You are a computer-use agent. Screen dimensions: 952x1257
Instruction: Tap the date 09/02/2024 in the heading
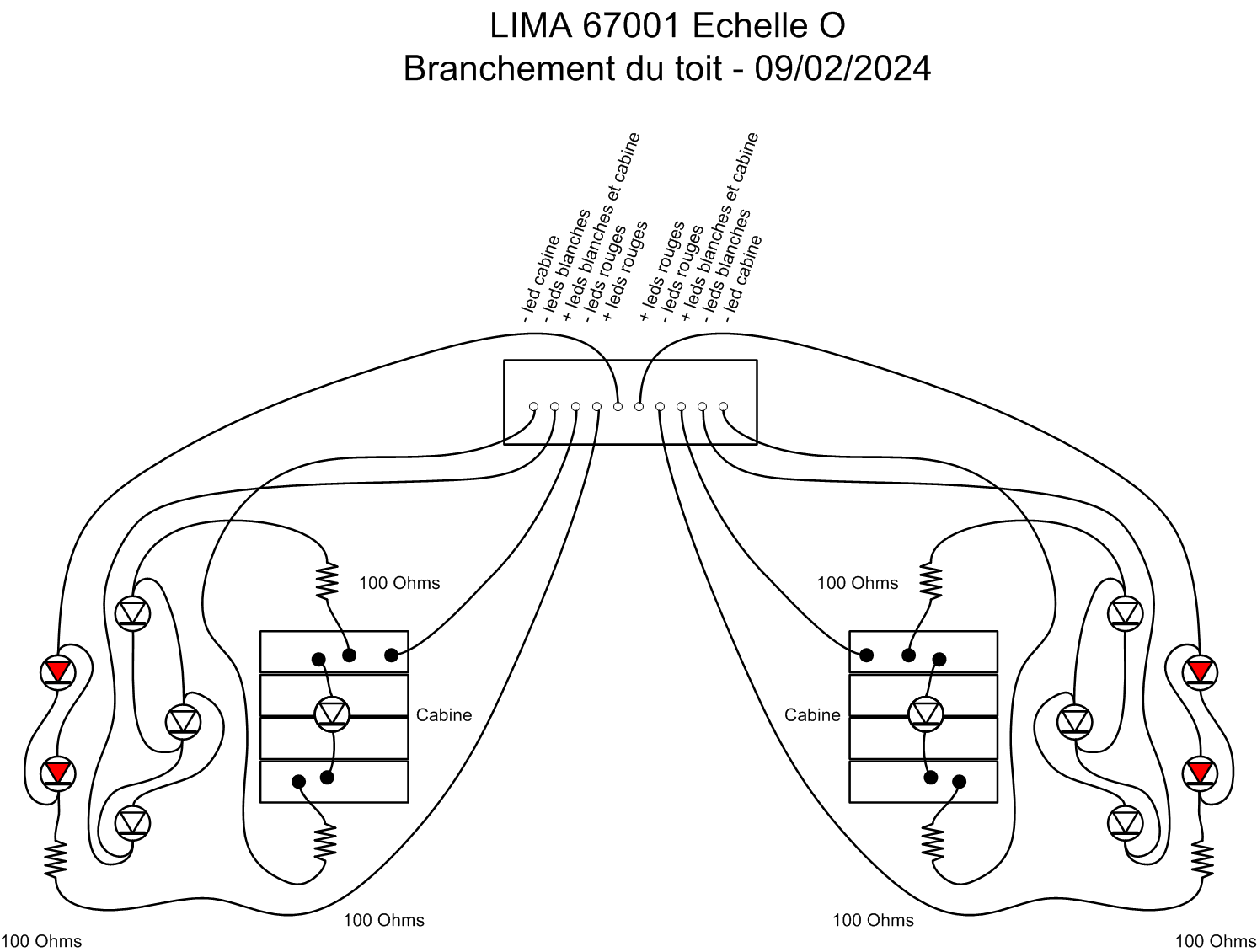point(842,68)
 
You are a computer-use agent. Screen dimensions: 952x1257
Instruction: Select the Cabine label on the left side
point(444,715)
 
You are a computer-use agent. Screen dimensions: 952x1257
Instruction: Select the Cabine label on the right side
point(812,715)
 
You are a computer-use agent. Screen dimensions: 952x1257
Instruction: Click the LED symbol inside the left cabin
point(332,714)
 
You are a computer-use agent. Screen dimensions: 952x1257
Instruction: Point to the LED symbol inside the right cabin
point(926,714)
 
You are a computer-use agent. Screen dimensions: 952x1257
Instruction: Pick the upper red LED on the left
point(58,671)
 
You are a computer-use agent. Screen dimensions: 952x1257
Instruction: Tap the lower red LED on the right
point(1200,772)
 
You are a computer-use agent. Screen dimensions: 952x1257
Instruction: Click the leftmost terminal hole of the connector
point(533,407)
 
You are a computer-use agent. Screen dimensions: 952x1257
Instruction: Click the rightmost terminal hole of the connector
point(723,407)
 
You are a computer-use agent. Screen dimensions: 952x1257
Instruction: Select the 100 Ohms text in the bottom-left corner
point(41,941)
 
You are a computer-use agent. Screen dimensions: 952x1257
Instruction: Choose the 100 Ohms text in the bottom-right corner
point(1215,941)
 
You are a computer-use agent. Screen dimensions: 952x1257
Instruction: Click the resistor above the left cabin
point(327,581)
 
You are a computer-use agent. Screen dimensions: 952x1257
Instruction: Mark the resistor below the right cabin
point(933,842)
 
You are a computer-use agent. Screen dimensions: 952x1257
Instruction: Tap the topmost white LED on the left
point(132,612)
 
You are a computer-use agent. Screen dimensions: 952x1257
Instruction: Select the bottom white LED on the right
point(1126,822)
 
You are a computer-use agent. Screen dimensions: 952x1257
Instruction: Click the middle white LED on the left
point(183,722)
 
